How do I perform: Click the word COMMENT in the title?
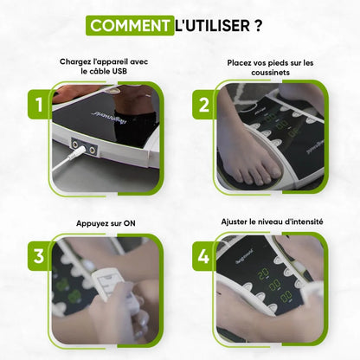[x=130, y=26]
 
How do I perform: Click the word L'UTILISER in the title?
[x=213, y=26]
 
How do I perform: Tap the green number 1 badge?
[x=40, y=104]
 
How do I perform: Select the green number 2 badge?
[x=204, y=105]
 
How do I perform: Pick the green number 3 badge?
[x=39, y=256]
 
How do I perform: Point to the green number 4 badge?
[x=204, y=256]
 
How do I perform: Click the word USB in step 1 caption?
[x=119, y=71]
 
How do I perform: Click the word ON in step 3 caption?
[x=130, y=223]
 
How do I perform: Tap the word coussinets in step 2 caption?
[x=270, y=73]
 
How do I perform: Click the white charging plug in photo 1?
[x=76, y=152]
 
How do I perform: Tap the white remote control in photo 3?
[x=115, y=288]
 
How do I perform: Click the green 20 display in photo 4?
[x=263, y=273]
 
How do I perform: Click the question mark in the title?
[x=259, y=26]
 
